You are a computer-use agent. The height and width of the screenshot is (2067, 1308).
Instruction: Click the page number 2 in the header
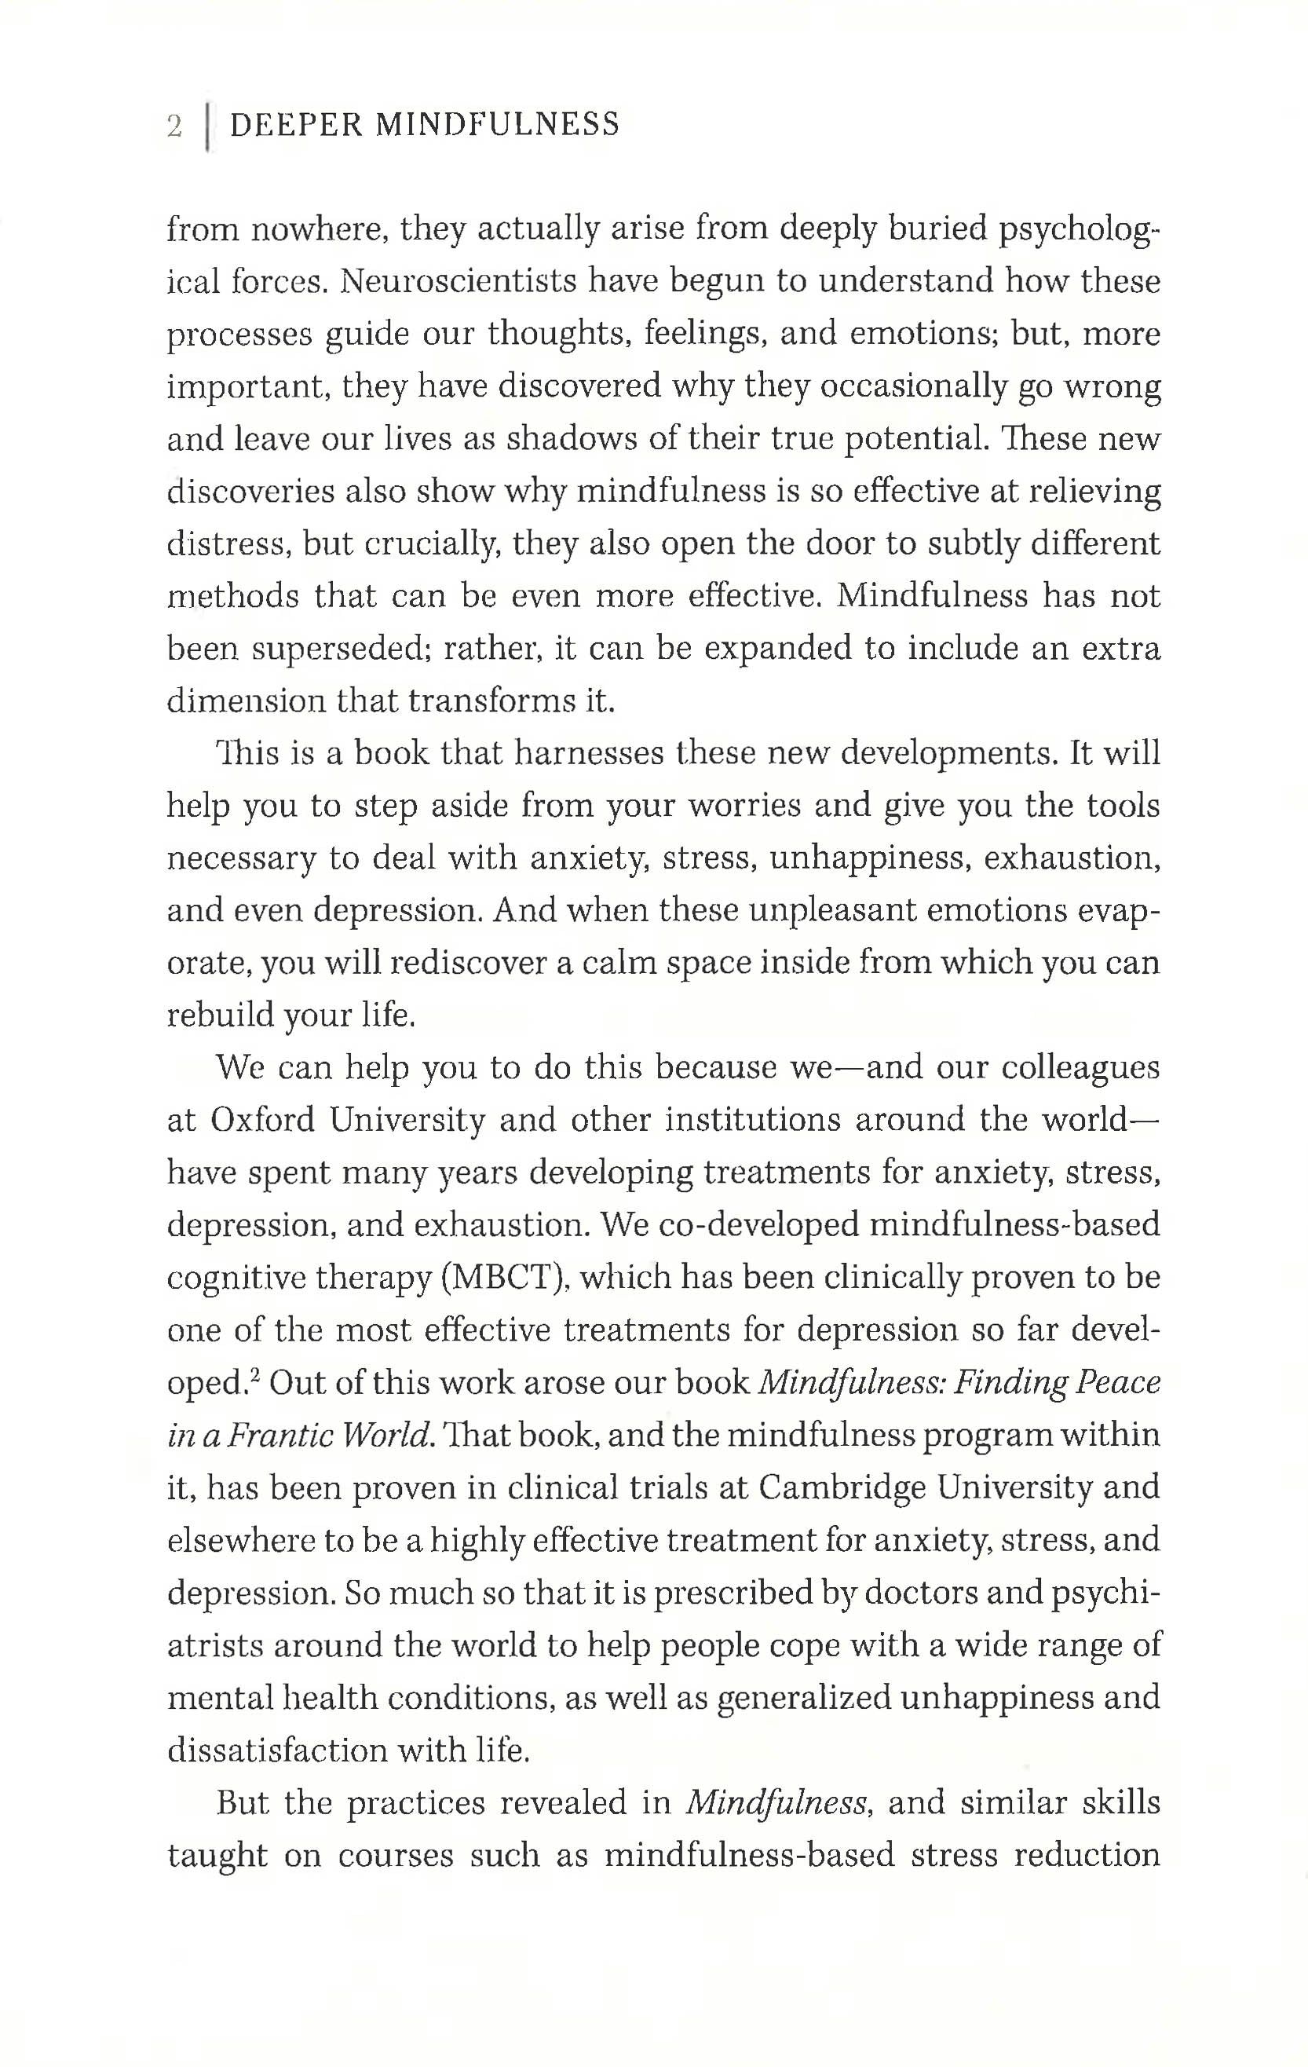175,126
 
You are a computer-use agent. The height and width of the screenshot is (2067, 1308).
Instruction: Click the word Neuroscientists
458,283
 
